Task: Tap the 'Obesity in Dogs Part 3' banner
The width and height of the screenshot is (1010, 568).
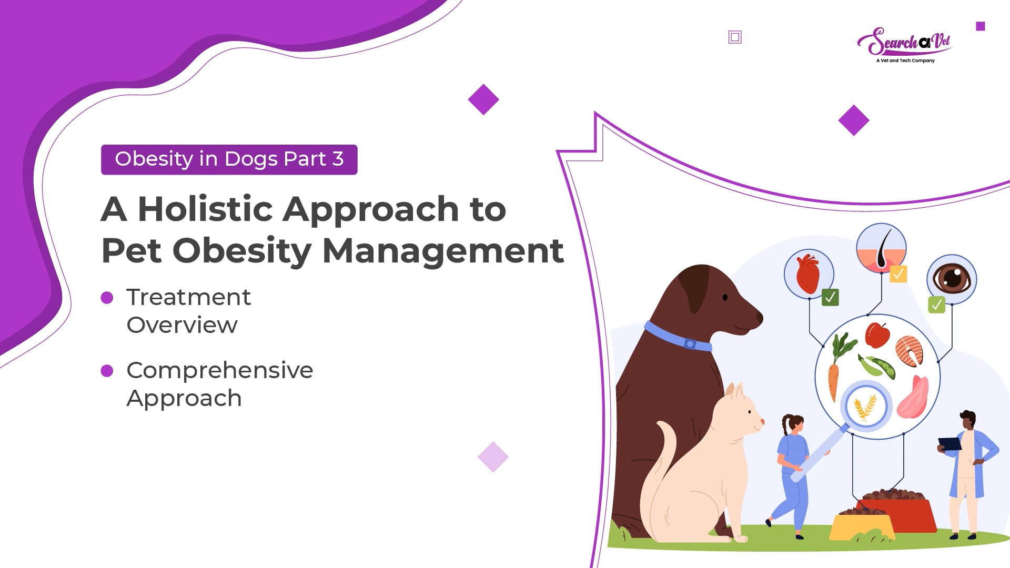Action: point(229,159)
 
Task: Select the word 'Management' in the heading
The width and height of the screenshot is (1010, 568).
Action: point(443,251)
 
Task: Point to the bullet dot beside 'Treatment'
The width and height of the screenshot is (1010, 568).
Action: point(107,298)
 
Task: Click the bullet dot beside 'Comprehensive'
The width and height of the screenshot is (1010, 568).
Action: point(107,371)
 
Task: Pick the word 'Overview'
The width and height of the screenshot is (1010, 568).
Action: point(182,325)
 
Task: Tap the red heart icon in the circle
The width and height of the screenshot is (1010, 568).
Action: point(808,273)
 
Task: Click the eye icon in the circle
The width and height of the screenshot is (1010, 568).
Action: point(952,278)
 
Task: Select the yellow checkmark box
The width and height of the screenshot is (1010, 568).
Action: point(898,274)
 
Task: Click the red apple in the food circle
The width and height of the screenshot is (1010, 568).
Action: point(877,335)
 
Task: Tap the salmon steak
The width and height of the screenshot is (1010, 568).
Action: point(910,351)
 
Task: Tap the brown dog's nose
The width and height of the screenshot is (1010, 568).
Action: point(759,317)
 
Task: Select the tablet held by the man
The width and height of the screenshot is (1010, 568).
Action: point(950,444)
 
